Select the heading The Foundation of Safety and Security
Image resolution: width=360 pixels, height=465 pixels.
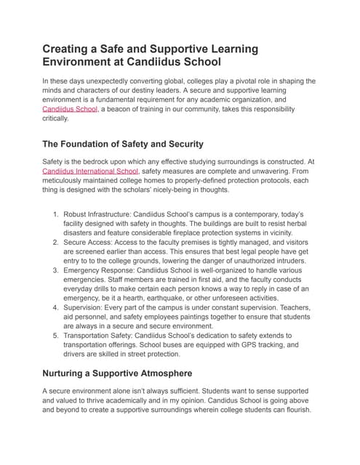point(122,143)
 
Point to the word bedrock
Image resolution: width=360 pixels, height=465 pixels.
point(96,161)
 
